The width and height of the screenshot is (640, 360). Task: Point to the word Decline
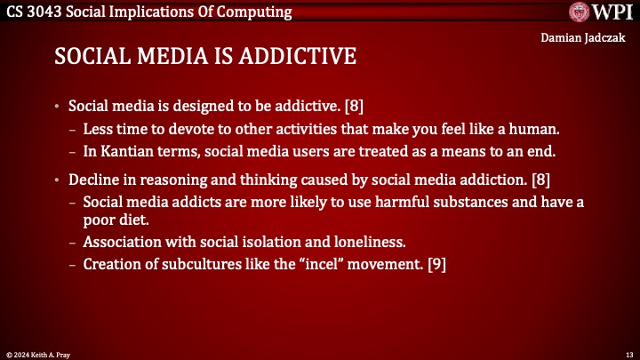93,180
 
